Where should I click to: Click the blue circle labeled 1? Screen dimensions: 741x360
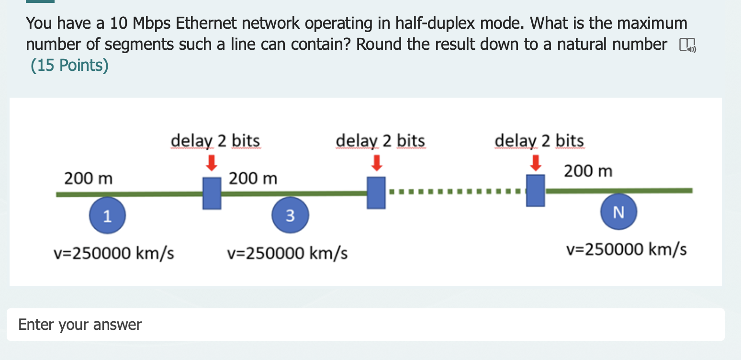click(x=107, y=215)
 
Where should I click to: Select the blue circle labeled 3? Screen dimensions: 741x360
click(x=290, y=215)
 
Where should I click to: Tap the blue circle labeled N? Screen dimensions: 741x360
click(x=618, y=212)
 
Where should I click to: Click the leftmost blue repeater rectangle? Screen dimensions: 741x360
click(x=212, y=193)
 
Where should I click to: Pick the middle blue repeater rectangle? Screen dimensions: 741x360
click(x=376, y=192)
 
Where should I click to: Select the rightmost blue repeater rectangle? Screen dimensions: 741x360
click(x=535, y=191)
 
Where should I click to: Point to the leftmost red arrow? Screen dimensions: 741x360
click(x=212, y=163)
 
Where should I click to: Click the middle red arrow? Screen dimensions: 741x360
click(x=376, y=163)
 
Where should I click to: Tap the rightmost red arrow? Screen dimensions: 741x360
click(x=536, y=163)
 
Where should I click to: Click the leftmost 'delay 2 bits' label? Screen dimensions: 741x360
click(x=215, y=141)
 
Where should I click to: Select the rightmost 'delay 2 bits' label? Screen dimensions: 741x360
click(x=539, y=141)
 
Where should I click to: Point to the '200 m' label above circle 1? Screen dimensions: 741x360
click(x=89, y=179)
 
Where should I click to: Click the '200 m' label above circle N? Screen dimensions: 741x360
click(x=588, y=171)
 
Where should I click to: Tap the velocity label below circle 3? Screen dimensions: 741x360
click(x=287, y=253)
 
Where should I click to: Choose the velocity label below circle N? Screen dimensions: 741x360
click(x=627, y=249)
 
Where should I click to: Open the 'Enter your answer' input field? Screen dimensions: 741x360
click(x=366, y=325)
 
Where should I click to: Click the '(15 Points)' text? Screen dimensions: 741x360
click(x=69, y=65)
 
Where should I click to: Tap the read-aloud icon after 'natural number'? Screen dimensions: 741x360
click(x=687, y=45)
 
